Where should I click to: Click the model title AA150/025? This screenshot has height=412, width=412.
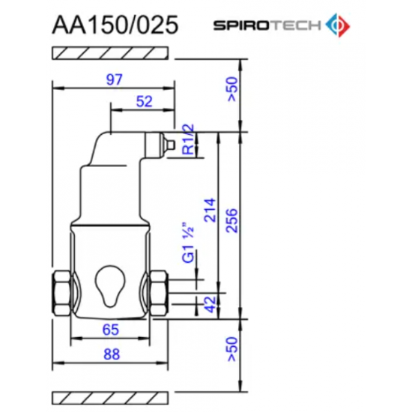click(114, 24)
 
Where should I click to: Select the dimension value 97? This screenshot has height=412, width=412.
click(113, 78)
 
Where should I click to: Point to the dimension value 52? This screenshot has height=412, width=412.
click(145, 100)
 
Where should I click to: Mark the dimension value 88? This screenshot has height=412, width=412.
click(112, 354)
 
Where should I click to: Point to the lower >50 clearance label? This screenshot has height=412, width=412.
click(233, 349)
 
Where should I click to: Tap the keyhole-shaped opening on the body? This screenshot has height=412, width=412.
click(109, 282)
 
